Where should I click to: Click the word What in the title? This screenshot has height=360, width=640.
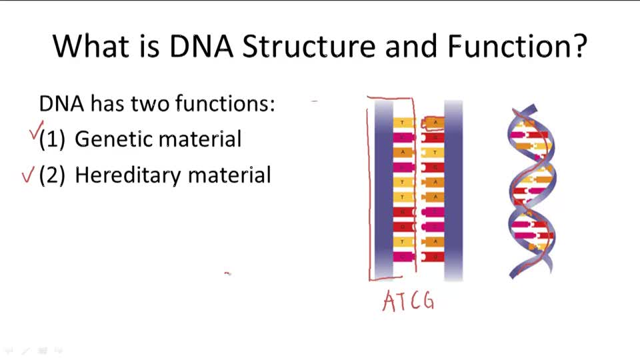91,45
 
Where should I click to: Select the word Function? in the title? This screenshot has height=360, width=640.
517,45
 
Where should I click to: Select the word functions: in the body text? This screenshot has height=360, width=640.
225,104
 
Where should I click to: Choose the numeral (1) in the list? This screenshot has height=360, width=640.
52,139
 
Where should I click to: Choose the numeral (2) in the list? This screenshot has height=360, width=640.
52,175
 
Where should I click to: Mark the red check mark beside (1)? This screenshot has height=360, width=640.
37,130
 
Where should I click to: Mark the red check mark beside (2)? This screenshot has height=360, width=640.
27,176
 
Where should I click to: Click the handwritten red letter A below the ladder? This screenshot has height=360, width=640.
390,301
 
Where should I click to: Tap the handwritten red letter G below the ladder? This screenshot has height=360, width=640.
427,302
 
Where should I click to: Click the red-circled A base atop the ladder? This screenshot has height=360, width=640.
435,123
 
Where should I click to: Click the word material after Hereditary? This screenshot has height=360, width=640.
229,175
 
